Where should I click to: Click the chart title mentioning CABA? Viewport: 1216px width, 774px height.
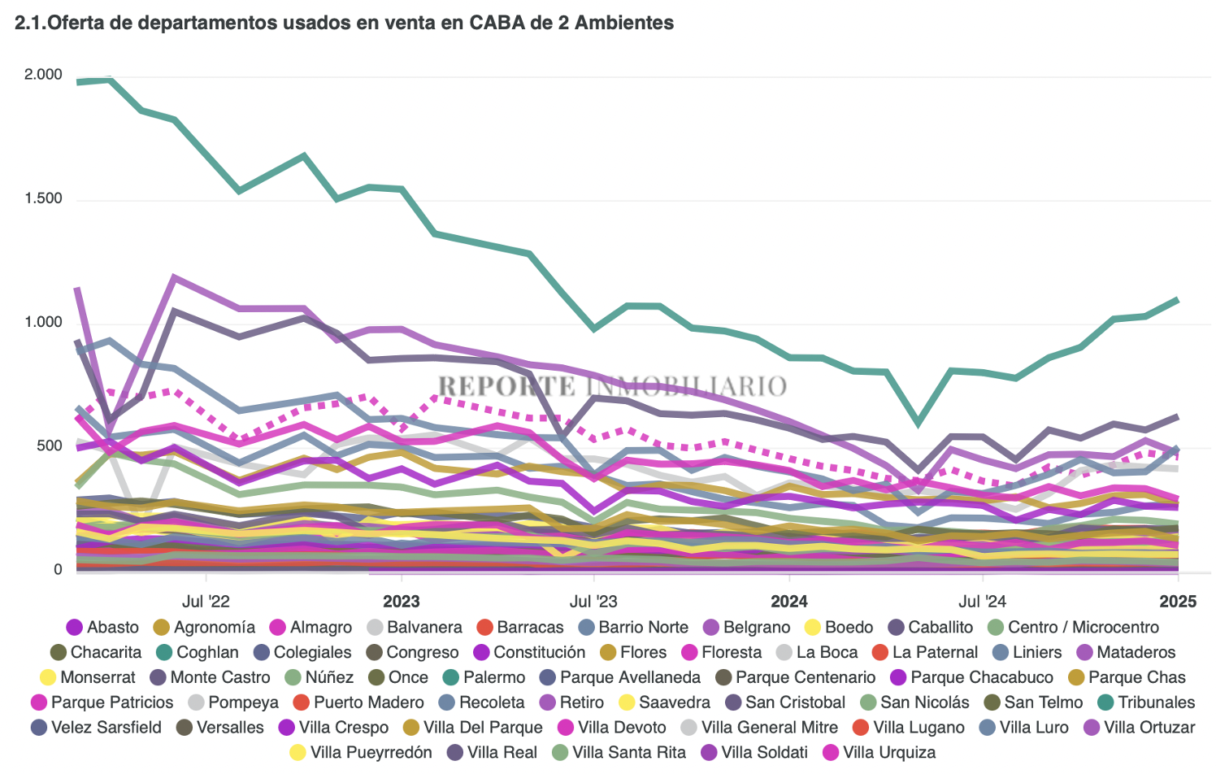click(344, 23)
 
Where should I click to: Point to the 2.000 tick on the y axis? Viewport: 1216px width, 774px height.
click(43, 75)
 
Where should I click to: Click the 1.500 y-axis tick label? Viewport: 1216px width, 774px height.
click(43, 199)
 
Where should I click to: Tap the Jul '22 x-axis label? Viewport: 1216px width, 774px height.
click(206, 602)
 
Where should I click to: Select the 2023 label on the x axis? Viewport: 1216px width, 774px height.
click(401, 602)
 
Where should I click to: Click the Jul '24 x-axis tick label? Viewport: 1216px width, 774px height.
click(982, 602)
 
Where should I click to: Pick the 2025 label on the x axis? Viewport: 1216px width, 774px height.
click(1177, 602)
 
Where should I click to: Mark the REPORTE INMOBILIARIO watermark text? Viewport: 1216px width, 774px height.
click(612, 386)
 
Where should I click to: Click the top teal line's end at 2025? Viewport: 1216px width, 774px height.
click(1177, 300)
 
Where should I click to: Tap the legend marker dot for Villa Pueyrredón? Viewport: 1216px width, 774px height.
click(298, 753)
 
